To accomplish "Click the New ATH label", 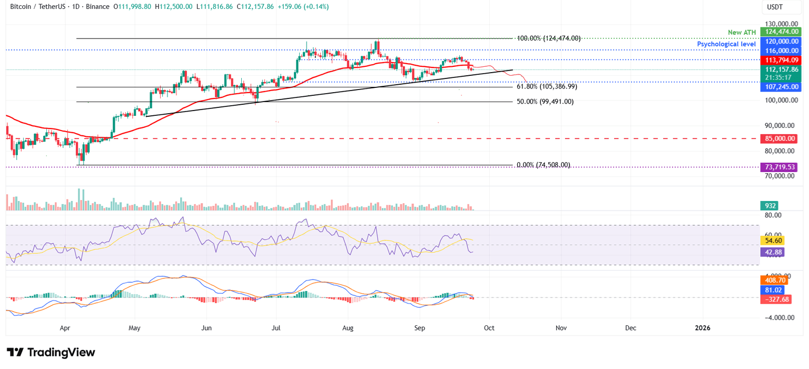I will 742,33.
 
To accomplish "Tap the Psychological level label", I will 726,44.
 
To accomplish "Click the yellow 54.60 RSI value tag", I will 772,240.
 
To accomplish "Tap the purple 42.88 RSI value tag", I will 772,252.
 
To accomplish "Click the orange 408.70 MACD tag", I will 774,280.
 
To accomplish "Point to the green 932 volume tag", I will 769,206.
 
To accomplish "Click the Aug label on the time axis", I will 348,328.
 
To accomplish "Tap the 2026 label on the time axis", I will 702,328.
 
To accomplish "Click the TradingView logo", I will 51,352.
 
